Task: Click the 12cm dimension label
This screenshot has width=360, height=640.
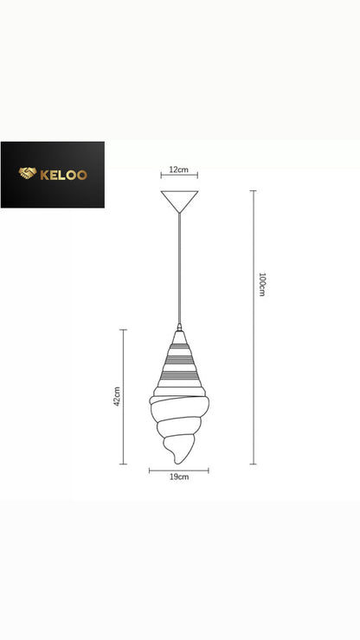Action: coord(179,170)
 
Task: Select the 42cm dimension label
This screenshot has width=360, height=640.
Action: coord(117,396)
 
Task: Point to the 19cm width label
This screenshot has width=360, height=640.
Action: coord(179,477)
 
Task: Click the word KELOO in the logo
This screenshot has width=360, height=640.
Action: coord(63,175)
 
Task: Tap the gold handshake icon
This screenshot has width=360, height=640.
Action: coord(28,175)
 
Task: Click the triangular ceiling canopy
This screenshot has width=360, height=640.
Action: coord(179,200)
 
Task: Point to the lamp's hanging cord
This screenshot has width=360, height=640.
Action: coord(179,268)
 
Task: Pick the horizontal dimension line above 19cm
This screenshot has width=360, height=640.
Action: coord(179,470)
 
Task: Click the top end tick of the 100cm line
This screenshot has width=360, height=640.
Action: coord(253,191)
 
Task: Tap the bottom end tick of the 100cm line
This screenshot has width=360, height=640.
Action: coord(253,464)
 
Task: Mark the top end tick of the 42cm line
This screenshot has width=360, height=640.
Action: coord(124,330)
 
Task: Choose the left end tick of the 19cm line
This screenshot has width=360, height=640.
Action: coord(149,470)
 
